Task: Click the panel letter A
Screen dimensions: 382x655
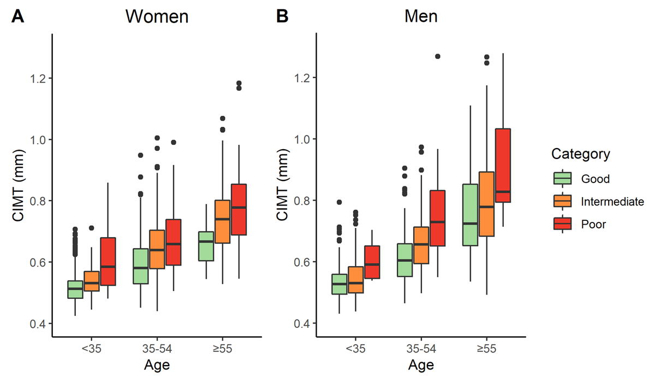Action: pyautogui.click(x=18, y=17)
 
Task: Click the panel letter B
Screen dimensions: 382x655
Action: pyautogui.click(x=282, y=17)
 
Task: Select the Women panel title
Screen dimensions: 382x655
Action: pyautogui.click(x=157, y=16)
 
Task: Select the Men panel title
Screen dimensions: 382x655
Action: pyautogui.click(x=421, y=16)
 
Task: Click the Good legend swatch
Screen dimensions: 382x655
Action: pyautogui.click(x=562, y=179)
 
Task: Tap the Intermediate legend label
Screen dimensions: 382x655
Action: pyautogui.click(x=612, y=202)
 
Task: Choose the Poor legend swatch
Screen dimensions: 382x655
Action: pyautogui.click(x=562, y=224)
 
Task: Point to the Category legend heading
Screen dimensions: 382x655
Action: pyautogui.click(x=580, y=154)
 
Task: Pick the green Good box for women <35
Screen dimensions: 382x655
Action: pyautogui.click(x=75, y=289)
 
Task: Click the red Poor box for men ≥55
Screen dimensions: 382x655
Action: pyautogui.click(x=503, y=173)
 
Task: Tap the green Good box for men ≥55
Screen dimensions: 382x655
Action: pyautogui.click(x=470, y=215)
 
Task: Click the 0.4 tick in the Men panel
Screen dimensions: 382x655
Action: pyautogui.click(x=300, y=324)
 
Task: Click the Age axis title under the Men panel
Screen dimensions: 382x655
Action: pyautogui.click(x=421, y=365)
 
